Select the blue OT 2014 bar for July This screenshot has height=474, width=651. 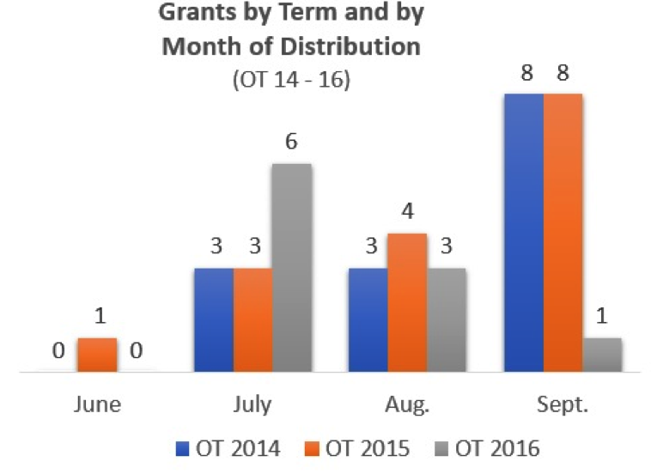point(214,319)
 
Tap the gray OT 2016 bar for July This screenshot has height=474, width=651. point(291,267)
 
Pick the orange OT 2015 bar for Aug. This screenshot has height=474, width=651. point(407,302)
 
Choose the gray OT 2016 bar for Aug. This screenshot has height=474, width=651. point(447,319)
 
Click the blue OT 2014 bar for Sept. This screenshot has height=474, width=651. point(524,232)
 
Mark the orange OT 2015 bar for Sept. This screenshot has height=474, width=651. point(563,232)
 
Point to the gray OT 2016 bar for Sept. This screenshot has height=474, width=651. point(602,355)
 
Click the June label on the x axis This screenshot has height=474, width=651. point(97,404)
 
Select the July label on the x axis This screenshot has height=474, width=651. point(252,404)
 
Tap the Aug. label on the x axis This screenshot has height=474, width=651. point(407,404)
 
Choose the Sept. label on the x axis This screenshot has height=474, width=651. point(563,404)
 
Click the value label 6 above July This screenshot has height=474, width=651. point(291,143)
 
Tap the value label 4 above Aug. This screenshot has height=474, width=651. point(408,212)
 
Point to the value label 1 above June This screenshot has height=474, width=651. point(97,317)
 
